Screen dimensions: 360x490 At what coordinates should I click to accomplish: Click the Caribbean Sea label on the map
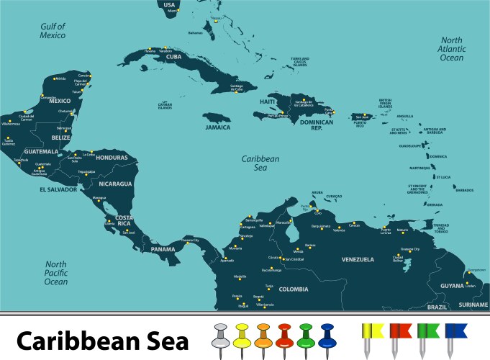[260, 163]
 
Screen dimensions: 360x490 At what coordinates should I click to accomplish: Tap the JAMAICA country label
[217, 127]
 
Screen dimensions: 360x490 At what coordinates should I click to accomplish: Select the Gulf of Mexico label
[53, 30]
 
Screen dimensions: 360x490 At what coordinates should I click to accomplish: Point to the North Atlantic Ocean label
[452, 49]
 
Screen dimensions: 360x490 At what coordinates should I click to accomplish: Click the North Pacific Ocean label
[56, 273]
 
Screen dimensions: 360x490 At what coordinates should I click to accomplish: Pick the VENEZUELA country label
[358, 259]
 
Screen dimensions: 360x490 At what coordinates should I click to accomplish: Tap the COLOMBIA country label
[294, 289]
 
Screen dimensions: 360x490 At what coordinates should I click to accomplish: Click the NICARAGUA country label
[116, 184]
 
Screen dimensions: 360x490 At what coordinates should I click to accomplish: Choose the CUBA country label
[173, 56]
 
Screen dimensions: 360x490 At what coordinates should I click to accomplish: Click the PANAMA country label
[162, 249]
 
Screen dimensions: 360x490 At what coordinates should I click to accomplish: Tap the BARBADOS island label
[465, 190]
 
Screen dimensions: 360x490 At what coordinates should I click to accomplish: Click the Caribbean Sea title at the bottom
[103, 340]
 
